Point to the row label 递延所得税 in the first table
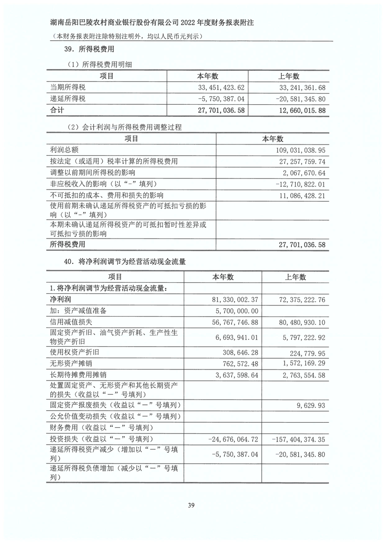pos(68,99)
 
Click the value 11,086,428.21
pos(297,195)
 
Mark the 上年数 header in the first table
pos(289,76)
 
